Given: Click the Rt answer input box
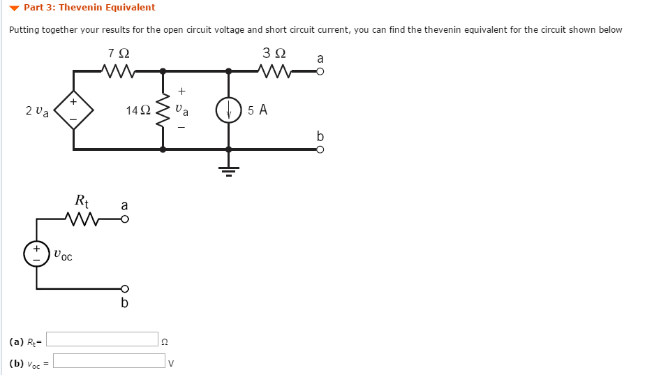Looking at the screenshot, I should pos(103,339).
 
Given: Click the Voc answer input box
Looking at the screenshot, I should pos(109,361).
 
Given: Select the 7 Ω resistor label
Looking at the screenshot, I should pos(119,53).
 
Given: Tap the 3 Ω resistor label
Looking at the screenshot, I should pos(274,53).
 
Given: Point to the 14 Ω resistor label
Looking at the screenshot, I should pos(138,110).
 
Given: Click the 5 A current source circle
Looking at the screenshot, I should pos(228,110).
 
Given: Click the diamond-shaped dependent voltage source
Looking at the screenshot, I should pos(73,110).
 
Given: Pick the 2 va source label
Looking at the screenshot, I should pos(37,111).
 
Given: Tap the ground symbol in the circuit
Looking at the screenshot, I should pos(228,170).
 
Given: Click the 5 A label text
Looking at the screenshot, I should pos(258,110).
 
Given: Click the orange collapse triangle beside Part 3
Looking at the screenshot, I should pos(15,8).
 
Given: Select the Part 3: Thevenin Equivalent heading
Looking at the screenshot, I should pos(89,8).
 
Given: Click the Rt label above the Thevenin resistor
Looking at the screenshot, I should pos(82,201).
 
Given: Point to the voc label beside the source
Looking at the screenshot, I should pos(62,256).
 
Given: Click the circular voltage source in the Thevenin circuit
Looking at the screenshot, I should pos(36,253).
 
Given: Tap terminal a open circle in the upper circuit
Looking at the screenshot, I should pos(320,71).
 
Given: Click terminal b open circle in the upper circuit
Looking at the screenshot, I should pos(320,149).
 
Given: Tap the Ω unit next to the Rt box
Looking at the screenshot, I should pos(165,341).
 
